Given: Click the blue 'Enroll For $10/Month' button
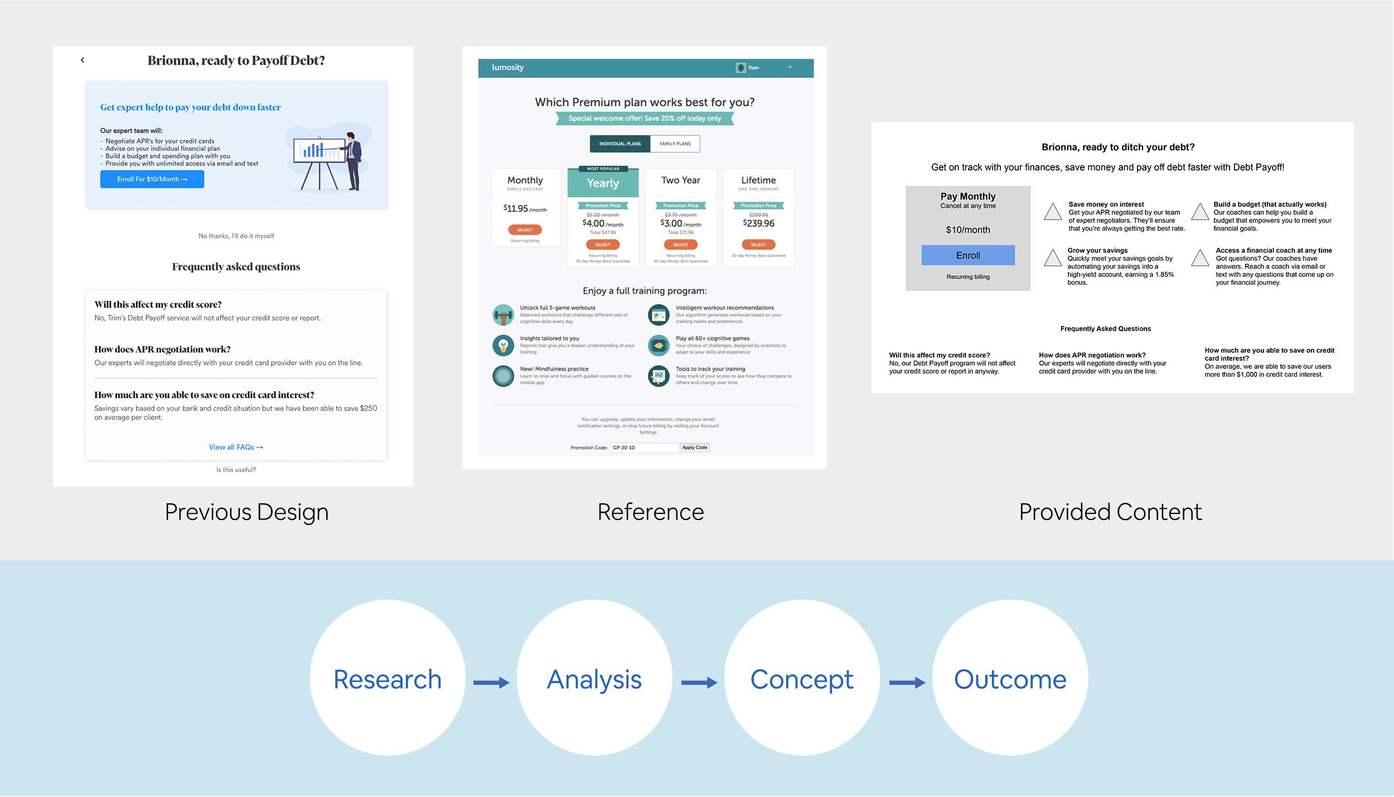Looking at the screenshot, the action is [x=152, y=179].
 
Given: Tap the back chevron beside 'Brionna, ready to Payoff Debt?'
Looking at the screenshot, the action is [x=83, y=60].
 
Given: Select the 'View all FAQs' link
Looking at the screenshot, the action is [x=236, y=447].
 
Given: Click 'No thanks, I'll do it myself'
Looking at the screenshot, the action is [x=236, y=236].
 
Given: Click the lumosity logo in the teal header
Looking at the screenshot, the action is [x=507, y=67].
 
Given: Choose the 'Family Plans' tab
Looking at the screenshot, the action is [x=675, y=144].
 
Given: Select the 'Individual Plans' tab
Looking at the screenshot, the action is [x=619, y=144].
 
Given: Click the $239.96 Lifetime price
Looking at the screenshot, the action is [x=758, y=223].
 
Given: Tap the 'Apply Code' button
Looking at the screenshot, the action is [x=694, y=448].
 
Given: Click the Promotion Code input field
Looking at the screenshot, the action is [x=644, y=448].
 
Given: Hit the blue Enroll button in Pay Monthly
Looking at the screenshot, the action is [x=967, y=255].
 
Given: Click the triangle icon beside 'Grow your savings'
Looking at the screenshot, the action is [x=1052, y=257].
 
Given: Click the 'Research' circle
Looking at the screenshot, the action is [x=388, y=678].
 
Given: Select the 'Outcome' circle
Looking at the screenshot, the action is [x=1010, y=678].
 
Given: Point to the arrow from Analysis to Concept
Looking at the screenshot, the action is [x=698, y=683].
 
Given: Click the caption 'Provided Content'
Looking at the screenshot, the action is [x=1110, y=512].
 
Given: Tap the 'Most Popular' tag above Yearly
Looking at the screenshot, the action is [x=603, y=169].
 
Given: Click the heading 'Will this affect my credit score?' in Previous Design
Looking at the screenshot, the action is [x=158, y=304].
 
